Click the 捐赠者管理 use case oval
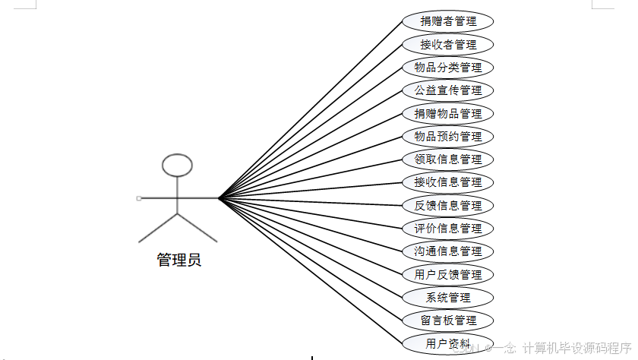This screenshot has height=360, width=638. (x=448, y=21)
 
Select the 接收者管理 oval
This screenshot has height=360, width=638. (x=448, y=44)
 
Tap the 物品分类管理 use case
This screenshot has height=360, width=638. (x=448, y=68)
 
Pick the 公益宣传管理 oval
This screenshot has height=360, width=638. (x=448, y=90)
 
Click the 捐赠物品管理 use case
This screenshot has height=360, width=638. (x=448, y=114)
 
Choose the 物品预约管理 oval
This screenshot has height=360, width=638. (x=448, y=137)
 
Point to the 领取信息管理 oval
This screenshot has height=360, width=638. (x=448, y=159)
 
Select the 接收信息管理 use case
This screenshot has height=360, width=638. (x=448, y=182)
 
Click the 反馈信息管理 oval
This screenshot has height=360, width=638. (x=448, y=205)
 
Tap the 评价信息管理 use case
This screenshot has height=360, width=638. (x=448, y=229)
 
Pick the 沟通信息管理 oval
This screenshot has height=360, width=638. (x=448, y=251)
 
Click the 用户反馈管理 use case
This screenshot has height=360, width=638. (x=448, y=274)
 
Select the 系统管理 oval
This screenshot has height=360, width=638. (x=448, y=298)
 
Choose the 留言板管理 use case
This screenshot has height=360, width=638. (x=448, y=321)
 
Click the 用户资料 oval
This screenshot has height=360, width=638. (x=448, y=343)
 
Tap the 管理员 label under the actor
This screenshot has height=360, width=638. (x=178, y=261)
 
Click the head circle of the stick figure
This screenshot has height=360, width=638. (x=178, y=165)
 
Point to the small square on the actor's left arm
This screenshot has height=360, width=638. (x=139, y=198)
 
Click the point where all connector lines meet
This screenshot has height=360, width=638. (x=219, y=198)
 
